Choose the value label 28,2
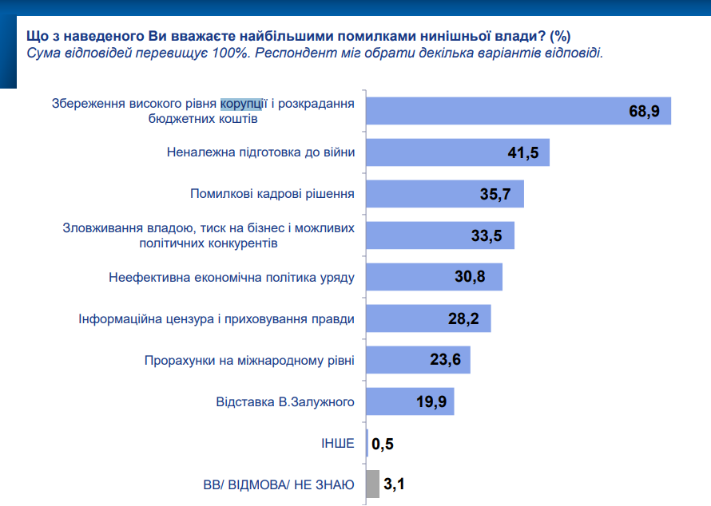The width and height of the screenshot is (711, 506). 463,319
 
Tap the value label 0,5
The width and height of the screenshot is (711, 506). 383,444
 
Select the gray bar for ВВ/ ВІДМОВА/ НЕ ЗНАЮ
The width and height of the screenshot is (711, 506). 372,484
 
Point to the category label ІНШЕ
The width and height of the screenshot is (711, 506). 338,443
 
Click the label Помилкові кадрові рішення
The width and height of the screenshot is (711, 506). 272,194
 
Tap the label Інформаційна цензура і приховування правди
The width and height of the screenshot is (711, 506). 216,319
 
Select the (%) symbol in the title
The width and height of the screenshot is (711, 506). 560,37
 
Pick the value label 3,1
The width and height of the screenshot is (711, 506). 394,484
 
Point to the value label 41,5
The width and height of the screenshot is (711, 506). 528,152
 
